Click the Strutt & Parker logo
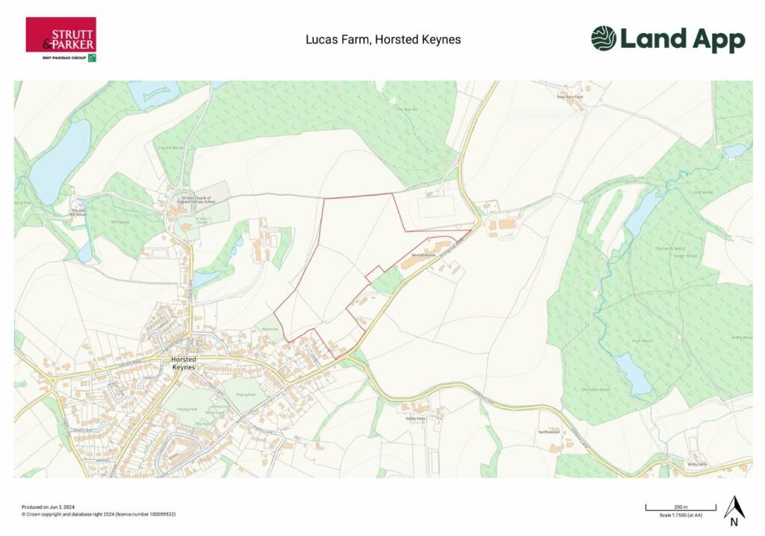tap(61, 38)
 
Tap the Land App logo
tap(668, 39)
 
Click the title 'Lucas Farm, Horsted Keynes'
tap(383, 40)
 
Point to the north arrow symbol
tap(734, 511)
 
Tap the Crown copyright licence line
tap(99, 514)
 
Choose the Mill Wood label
tap(119, 222)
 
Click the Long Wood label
tap(702, 192)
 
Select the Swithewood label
tap(548, 432)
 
